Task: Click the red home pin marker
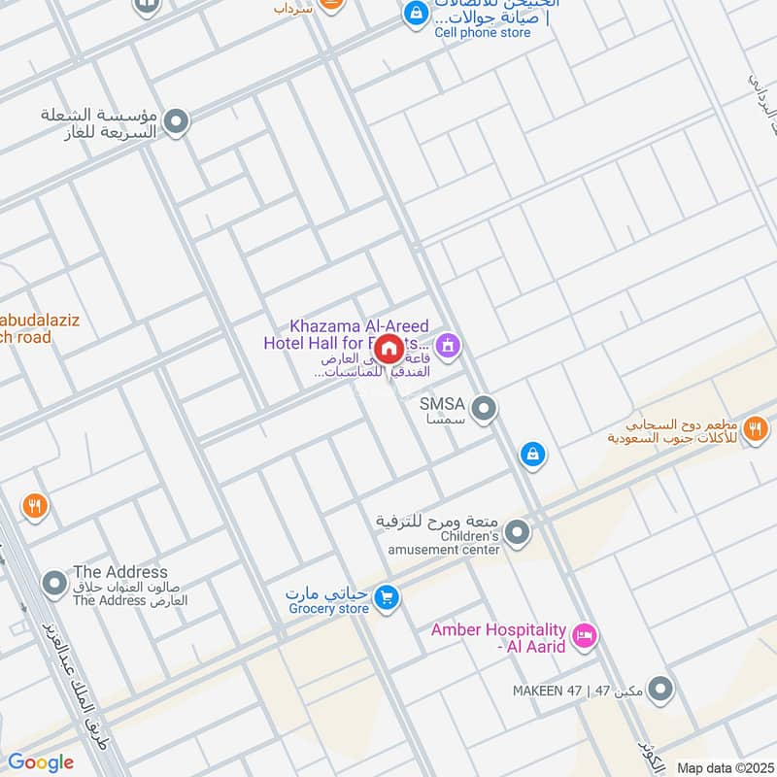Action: pyautogui.click(x=388, y=349)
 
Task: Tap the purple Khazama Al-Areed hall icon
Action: pyautogui.click(x=447, y=345)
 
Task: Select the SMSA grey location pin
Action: pyautogui.click(x=484, y=409)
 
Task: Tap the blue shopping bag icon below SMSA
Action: pyautogui.click(x=532, y=454)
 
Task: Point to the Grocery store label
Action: pyautogui.click(x=329, y=609)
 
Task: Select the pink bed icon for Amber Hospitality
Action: pyautogui.click(x=585, y=637)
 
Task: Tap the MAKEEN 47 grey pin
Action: pyautogui.click(x=660, y=690)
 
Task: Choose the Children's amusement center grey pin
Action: pyautogui.click(x=519, y=531)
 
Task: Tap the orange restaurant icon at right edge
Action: pyautogui.click(x=755, y=427)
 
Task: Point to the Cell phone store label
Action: pyautogui.click(x=483, y=32)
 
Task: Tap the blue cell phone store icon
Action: pyautogui.click(x=416, y=13)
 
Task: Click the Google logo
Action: pyautogui.click(x=40, y=762)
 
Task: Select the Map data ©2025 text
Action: pyautogui.click(x=723, y=767)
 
